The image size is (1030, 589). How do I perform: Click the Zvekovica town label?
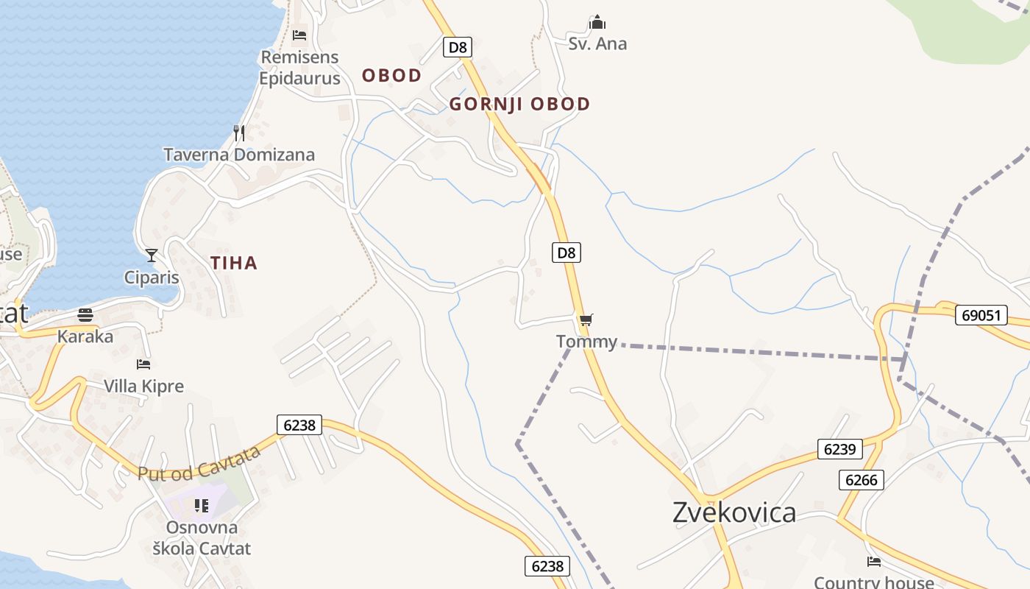pyautogui.click(x=734, y=512)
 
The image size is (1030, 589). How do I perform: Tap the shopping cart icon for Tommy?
pyautogui.click(x=586, y=320)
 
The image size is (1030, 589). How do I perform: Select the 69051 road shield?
pyautogui.click(x=981, y=315)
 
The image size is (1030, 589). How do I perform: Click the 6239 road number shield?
pyautogui.click(x=839, y=449)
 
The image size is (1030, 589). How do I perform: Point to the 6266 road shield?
pyautogui.click(x=861, y=480)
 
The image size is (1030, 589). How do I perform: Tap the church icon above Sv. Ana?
pyautogui.click(x=597, y=22)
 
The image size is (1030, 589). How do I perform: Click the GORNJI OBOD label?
pyautogui.click(x=519, y=104)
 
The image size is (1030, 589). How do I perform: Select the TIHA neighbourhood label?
pyautogui.click(x=234, y=263)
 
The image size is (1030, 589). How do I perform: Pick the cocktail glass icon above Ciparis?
pyautogui.click(x=152, y=255)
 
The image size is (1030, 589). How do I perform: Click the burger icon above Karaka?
pyautogui.click(x=85, y=315)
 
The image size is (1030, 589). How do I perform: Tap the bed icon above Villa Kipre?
pyautogui.click(x=143, y=364)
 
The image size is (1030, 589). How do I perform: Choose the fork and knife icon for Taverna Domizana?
pyautogui.click(x=238, y=133)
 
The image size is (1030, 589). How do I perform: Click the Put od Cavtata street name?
pyautogui.click(x=199, y=463)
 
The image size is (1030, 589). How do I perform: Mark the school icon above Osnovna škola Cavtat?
pyautogui.click(x=201, y=506)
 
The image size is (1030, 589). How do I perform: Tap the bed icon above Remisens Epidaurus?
pyautogui.click(x=299, y=35)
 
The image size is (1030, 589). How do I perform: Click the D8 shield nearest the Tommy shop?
pyautogui.click(x=566, y=253)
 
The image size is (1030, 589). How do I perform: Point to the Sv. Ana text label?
pyautogui.click(x=597, y=44)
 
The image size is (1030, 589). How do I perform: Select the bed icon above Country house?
pyautogui.click(x=873, y=562)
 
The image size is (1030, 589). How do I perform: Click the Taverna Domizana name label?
pyautogui.click(x=239, y=155)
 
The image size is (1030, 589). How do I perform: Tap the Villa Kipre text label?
pyautogui.click(x=143, y=386)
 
